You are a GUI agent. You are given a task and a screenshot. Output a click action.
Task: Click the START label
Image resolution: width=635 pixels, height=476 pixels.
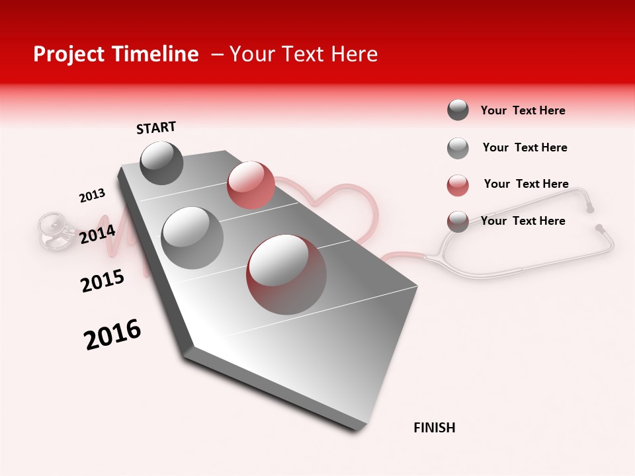(156, 128)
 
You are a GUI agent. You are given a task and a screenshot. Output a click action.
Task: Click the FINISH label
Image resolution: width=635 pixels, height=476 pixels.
(434, 428)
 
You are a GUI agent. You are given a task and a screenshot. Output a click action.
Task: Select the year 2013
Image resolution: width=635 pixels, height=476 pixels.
(92, 195)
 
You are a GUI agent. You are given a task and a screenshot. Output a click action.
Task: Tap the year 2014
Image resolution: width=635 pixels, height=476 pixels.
(97, 234)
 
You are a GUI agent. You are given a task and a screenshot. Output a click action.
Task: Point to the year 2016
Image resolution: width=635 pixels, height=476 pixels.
(112, 335)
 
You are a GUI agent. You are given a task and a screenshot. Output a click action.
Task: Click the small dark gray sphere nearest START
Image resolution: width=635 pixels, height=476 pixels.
(161, 163)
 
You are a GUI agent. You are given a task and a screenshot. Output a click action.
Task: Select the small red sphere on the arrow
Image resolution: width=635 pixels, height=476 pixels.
(251, 185)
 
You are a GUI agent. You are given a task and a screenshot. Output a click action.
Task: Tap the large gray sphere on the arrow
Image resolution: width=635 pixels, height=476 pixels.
(192, 237)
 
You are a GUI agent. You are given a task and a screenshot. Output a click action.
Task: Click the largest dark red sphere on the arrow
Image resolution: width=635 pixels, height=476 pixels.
(286, 274)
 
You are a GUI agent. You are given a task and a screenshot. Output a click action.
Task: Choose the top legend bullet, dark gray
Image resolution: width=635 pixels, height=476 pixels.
(458, 110)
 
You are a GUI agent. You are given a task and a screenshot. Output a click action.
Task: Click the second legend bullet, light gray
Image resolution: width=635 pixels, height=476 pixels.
(458, 148)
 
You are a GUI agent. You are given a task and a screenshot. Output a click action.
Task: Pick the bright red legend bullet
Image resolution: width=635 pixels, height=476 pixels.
(458, 185)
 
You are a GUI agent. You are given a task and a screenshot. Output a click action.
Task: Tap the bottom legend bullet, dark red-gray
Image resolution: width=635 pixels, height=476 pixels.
(458, 221)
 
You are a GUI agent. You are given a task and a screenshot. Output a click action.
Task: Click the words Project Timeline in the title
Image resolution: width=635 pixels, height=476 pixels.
(116, 54)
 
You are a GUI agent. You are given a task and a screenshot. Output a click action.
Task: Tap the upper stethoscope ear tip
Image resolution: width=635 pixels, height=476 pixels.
(590, 209)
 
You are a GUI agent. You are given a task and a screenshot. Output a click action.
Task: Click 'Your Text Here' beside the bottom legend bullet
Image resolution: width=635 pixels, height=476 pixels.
(523, 221)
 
